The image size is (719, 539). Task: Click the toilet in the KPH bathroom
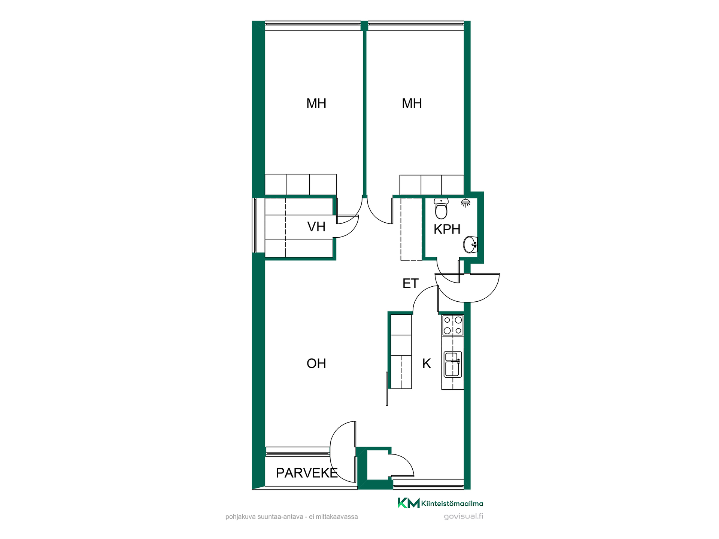click(x=441, y=208)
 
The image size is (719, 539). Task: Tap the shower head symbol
click(x=465, y=203)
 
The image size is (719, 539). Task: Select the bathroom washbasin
click(x=470, y=245)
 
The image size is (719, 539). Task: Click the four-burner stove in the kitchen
click(x=453, y=325)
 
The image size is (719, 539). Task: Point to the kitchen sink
click(x=453, y=364)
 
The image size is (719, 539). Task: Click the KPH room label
click(x=447, y=229)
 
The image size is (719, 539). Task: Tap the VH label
click(x=316, y=226)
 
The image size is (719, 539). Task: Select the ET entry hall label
click(x=410, y=283)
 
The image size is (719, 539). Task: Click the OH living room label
click(x=316, y=363)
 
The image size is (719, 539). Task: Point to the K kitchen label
click(x=427, y=363)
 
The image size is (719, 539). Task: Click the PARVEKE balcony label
click(x=307, y=473)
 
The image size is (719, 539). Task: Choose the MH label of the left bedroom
click(x=316, y=103)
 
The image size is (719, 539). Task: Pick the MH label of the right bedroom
click(x=412, y=103)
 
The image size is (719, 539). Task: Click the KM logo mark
click(x=408, y=503)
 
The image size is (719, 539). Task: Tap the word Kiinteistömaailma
click(x=452, y=503)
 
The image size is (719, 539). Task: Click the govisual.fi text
click(x=464, y=516)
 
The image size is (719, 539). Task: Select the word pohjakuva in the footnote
click(x=240, y=517)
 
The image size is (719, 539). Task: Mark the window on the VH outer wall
click(x=254, y=225)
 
